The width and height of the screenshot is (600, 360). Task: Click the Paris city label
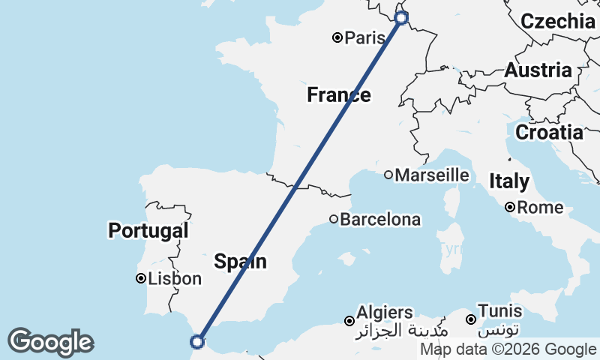click(359, 37)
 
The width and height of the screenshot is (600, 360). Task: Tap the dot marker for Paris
click(337, 37)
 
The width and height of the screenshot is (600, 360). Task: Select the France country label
click(338, 95)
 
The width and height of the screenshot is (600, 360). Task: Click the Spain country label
click(240, 262)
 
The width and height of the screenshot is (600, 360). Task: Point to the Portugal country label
click(148, 230)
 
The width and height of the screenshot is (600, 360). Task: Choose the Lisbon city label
click(175, 279)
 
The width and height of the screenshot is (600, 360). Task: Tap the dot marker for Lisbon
click(140, 278)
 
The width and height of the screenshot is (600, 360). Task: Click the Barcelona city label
click(380, 220)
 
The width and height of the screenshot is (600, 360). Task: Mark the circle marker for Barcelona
click(334, 219)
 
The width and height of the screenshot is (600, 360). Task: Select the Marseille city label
click(432, 175)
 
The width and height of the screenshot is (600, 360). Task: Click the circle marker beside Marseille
click(388, 175)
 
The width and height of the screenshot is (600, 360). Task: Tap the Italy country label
click(509, 181)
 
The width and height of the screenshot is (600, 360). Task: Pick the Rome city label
click(535, 207)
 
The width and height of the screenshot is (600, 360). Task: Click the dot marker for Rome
click(510, 207)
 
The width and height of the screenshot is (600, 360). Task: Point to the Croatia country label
click(549, 133)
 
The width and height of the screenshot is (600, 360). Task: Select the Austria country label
click(538, 70)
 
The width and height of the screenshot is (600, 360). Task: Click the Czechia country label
click(558, 21)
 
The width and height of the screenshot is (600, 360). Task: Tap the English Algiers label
click(385, 312)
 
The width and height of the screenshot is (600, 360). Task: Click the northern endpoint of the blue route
click(401, 17)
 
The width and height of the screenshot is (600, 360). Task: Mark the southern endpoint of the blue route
click(197, 342)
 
